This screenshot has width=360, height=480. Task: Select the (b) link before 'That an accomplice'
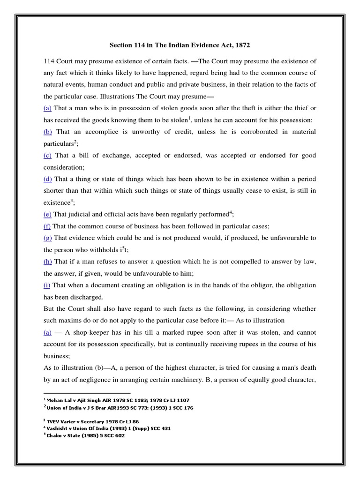pyautogui.click(x=47, y=132)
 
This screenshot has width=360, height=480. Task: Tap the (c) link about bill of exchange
pyautogui.click(x=47, y=155)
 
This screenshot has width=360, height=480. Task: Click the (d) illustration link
pyautogui.click(x=47, y=179)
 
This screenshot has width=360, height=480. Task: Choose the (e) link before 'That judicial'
pyautogui.click(x=47, y=214)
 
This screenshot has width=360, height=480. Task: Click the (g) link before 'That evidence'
pyautogui.click(x=47, y=238)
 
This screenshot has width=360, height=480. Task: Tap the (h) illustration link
pyautogui.click(x=47, y=262)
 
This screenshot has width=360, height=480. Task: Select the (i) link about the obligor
pyautogui.click(x=47, y=285)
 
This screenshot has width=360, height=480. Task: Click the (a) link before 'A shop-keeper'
pyautogui.click(x=47, y=332)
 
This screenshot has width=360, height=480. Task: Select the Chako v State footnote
pyautogui.click(x=84, y=435)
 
